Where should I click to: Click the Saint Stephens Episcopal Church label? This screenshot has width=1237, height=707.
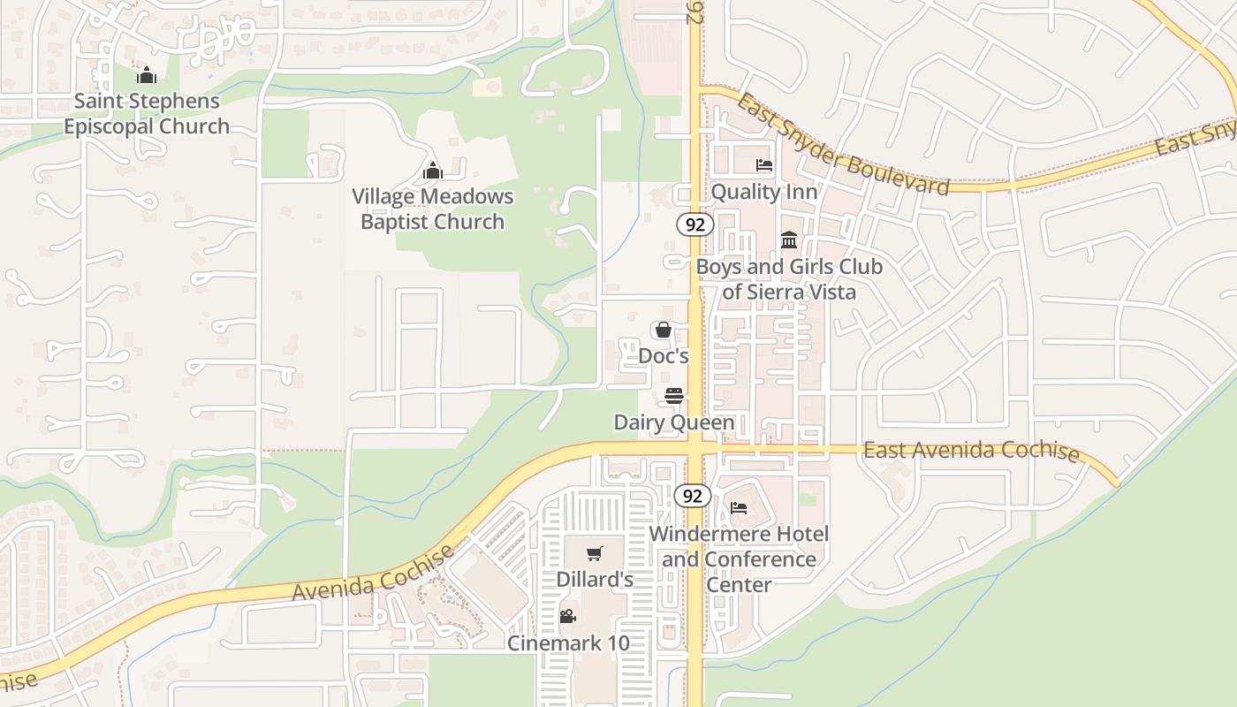point(147,113)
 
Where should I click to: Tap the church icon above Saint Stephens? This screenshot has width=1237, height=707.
point(147,76)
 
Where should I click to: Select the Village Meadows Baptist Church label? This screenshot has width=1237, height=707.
point(432,209)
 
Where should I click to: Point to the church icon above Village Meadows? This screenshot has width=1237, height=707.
point(433,171)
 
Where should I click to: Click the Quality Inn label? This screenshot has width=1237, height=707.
point(763,192)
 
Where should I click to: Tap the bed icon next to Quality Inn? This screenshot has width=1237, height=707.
point(763,165)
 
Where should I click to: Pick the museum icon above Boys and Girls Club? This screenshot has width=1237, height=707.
point(789,239)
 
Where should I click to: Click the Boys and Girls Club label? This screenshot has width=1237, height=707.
point(789,278)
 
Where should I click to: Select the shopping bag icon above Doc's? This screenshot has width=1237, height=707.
point(663,331)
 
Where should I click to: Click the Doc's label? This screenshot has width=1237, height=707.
point(663,356)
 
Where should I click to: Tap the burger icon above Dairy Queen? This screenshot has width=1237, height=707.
point(674,396)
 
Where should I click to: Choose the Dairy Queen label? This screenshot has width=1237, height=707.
point(674,422)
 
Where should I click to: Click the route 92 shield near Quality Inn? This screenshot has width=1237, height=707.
point(695,224)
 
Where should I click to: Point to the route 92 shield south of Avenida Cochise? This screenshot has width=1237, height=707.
point(693,496)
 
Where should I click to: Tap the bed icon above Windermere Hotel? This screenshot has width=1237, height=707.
point(739,507)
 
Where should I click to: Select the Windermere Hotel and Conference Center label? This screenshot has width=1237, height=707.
point(740,559)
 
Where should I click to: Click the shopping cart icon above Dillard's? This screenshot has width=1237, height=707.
point(595,554)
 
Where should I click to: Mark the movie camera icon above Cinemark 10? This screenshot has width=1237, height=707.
point(568,616)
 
